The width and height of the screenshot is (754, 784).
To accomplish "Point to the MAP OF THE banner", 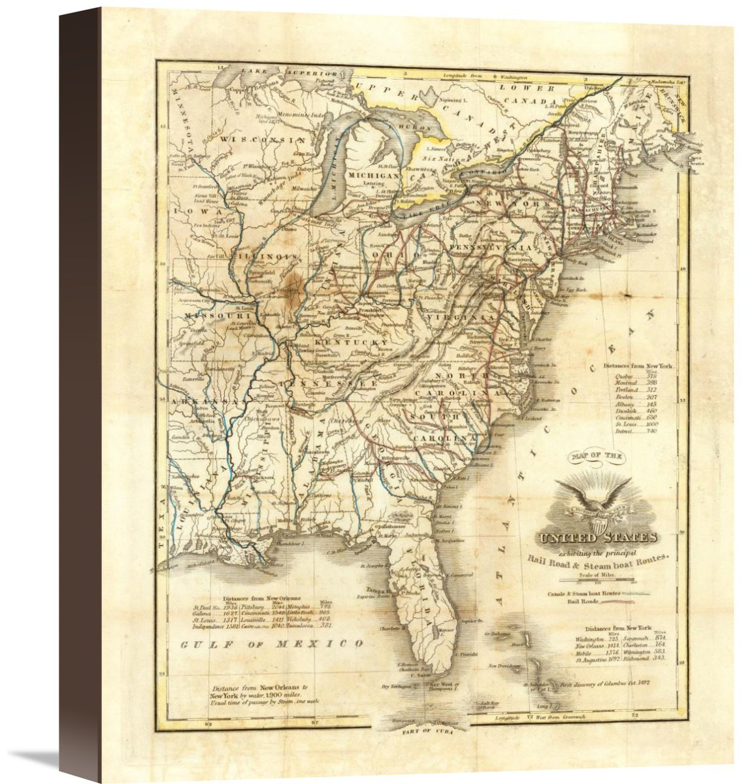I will [x=596, y=456].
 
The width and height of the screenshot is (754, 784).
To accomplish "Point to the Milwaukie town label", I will [x=304, y=187].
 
